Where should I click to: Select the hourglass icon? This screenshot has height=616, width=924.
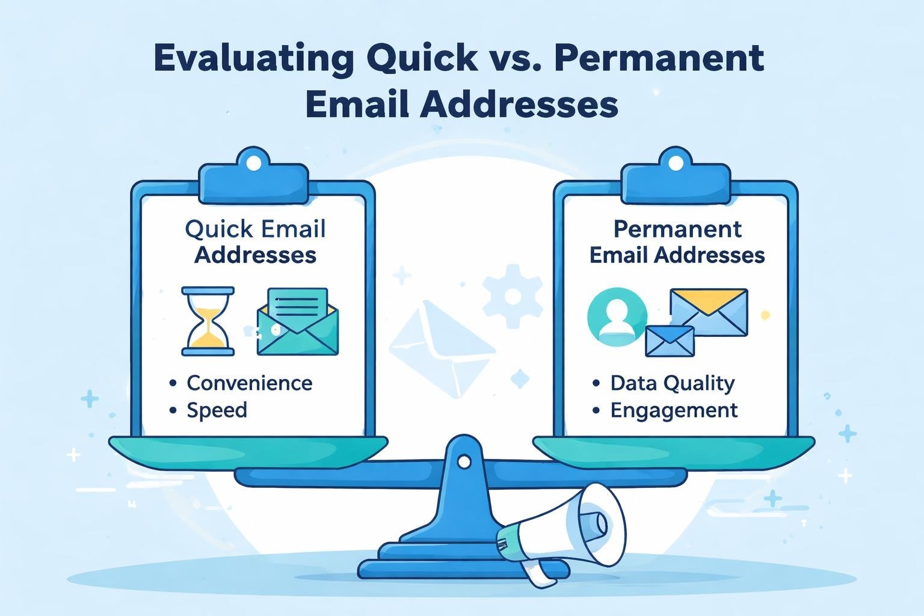point(208,321)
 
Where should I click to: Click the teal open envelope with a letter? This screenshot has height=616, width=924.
point(297,322)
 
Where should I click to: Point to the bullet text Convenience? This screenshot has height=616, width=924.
point(249,383)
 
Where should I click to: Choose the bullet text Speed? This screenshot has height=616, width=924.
point(217,410)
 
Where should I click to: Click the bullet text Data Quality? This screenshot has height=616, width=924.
point(672,383)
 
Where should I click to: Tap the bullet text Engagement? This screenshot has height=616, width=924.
point(674,410)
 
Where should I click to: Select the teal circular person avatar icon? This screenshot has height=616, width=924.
point(617,316)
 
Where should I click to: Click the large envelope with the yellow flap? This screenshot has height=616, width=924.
point(709,312)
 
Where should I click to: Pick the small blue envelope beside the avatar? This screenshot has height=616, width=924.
point(670,341)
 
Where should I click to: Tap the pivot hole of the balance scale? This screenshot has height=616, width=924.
point(464,461)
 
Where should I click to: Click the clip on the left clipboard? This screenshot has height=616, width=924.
point(254,174)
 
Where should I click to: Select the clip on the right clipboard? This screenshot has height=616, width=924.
point(676,174)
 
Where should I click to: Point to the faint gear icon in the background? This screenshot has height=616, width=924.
point(512,296)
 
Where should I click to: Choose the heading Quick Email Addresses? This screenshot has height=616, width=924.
point(255,242)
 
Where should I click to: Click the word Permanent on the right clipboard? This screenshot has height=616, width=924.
point(677,229)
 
